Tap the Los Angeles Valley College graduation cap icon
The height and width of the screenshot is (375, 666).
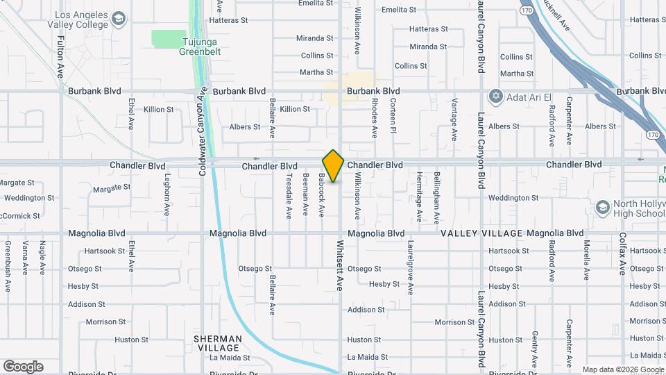[119, 19]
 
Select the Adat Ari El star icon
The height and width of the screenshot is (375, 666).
[495, 97]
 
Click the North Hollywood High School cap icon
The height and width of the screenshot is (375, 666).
[602, 207]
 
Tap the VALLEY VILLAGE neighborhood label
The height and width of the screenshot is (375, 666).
[481, 233]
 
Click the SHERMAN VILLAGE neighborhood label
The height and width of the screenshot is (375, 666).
[218, 343]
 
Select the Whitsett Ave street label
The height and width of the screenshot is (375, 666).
[341, 265]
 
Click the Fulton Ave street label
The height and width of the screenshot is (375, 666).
[60, 56]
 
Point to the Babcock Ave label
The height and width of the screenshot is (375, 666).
[322, 195]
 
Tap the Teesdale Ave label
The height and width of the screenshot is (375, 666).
[289, 197]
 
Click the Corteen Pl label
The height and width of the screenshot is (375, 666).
[393, 115]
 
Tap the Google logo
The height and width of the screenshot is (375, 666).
[23, 367]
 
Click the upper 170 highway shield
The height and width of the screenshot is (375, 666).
[527, 10]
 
